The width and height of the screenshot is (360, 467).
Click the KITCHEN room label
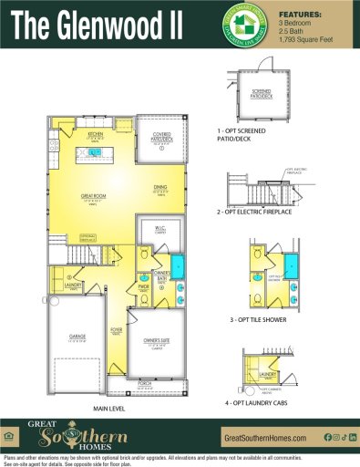pyautogui.click(x=94, y=133)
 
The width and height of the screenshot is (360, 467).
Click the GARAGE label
pyautogui.click(x=77, y=337)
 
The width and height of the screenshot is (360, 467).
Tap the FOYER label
pyautogui.click(x=117, y=330)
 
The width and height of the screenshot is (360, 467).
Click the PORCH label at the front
pyautogui.click(x=145, y=382)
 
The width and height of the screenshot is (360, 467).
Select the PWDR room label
pyautogui.click(x=143, y=287)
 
